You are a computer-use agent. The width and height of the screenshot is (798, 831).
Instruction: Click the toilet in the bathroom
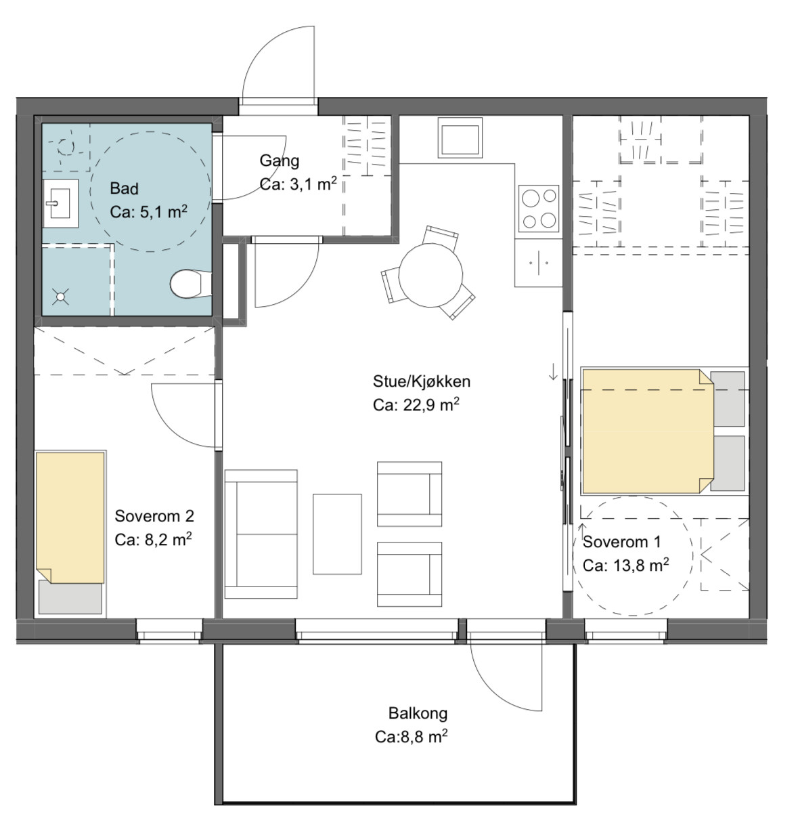point(191,284)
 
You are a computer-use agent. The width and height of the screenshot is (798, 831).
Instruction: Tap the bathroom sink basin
point(61,203)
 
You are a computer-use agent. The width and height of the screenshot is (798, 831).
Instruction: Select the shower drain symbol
point(60,297)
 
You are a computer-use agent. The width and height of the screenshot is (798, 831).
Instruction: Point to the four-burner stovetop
point(539,209)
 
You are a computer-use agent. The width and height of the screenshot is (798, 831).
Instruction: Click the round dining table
point(430,275)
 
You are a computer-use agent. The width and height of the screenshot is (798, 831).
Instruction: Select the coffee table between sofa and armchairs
point(337,534)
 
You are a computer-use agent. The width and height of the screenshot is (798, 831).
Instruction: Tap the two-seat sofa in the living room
point(261,534)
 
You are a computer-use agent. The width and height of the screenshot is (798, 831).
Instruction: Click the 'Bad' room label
point(124,188)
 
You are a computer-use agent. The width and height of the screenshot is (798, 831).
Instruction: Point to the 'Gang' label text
point(279,161)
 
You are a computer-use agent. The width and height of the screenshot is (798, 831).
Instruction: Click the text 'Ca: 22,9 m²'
point(416,404)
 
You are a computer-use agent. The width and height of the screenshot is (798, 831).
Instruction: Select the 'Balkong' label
point(418,714)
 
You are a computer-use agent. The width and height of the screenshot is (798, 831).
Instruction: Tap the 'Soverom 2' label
point(154,516)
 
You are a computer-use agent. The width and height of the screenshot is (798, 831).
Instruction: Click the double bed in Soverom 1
point(648,431)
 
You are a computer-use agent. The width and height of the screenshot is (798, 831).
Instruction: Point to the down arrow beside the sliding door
point(553,371)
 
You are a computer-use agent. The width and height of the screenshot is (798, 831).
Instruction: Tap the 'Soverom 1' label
point(622,542)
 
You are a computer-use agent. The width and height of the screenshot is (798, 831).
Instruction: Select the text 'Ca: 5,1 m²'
point(148,211)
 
